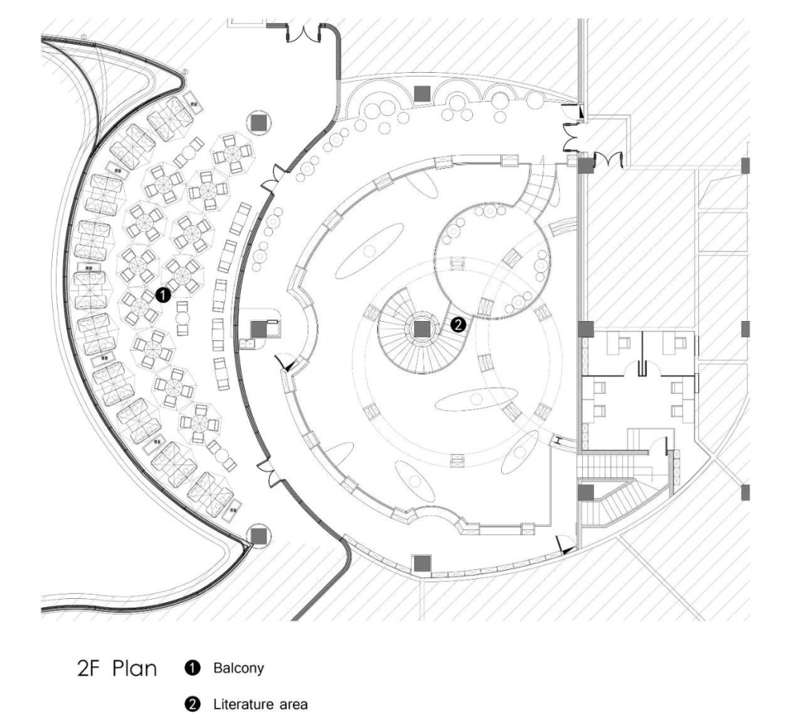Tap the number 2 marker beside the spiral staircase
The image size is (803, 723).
click(459, 324)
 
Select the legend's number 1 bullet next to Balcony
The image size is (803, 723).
click(198, 668)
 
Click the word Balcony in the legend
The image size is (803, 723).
click(239, 668)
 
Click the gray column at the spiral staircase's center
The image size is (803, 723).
click(422, 329)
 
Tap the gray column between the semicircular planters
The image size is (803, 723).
click(422, 93)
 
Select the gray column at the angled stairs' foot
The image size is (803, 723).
click(585, 492)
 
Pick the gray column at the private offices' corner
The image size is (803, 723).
click(586, 328)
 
